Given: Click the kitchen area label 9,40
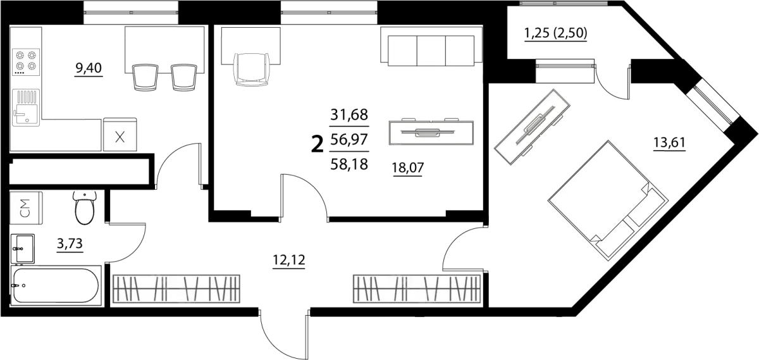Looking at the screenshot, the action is click(89, 68).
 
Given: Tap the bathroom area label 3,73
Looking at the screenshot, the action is click(70, 244).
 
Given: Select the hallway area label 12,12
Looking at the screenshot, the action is click(289, 260).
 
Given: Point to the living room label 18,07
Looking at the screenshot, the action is click(408, 168).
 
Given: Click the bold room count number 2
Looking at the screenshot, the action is click(317, 144).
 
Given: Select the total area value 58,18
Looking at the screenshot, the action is click(349, 164).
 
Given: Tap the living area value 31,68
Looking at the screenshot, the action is click(349, 115).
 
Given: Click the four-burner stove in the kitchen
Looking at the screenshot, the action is click(26, 62).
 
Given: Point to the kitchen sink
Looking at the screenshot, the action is click(26, 107).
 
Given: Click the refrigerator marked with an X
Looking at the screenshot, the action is click(120, 134).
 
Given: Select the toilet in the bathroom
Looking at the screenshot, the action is click(85, 208).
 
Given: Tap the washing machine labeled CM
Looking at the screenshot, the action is click(26, 208).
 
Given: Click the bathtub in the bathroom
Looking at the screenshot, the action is click(56, 285).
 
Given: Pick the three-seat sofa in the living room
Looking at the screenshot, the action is click(431, 46).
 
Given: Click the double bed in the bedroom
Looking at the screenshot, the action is click(608, 201).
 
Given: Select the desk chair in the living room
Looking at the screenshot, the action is click(252, 70).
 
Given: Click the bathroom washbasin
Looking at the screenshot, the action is click(22, 249).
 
